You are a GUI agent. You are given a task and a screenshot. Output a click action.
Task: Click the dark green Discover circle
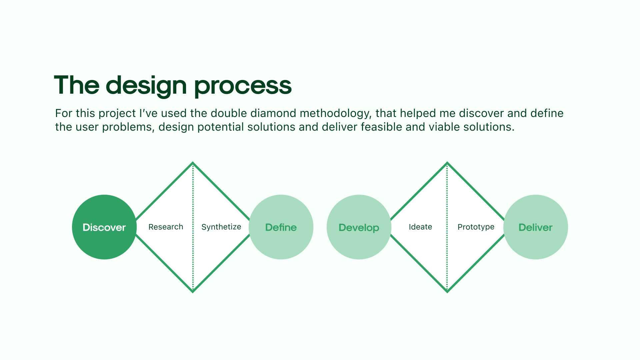pyautogui.click(x=104, y=227)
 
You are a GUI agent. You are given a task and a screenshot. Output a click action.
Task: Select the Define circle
pyautogui.click(x=281, y=227)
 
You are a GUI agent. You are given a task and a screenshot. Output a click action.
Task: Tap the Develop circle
pyautogui.click(x=359, y=227)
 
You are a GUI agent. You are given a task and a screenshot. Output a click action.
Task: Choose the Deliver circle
pyautogui.click(x=536, y=227)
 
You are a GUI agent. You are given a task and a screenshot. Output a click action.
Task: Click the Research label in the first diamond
pyautogui.click(x=166, y=227)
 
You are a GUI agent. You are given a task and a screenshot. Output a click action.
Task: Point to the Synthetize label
pyautogui.click(x=221, y=227)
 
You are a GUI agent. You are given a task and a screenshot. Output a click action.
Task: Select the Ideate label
pyautogui.click(x=420, y=227)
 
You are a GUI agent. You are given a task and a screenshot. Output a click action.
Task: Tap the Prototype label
pyautogui.click(x=476, y=227)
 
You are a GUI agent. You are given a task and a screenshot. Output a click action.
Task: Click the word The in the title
pyautogui.click(x=77, y=85)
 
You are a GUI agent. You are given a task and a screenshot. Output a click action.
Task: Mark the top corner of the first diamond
pyautogui.click(x=193, y=163)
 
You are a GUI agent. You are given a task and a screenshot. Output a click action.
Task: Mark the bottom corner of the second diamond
pyautogui.click(x=447, y=292)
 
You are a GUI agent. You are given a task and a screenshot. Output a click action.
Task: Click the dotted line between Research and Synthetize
pyautogui.click(x=193, y=227)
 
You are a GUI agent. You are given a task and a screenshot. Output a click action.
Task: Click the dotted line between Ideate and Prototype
pyautogui.click(x=447, y=227)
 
